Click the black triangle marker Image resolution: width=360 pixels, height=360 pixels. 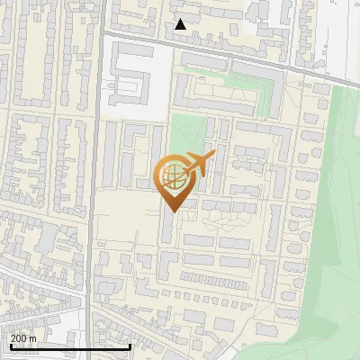181,24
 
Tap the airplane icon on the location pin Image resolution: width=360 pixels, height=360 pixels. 200,164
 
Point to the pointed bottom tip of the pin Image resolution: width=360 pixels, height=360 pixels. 174,211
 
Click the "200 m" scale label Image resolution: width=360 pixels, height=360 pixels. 23,338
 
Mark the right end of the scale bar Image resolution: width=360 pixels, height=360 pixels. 130,347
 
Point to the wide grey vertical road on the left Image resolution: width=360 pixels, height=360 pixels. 93,180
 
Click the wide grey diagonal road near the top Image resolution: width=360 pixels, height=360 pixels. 225,53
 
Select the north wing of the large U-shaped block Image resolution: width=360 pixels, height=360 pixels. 225,65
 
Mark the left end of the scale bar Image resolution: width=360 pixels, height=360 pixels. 10,347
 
